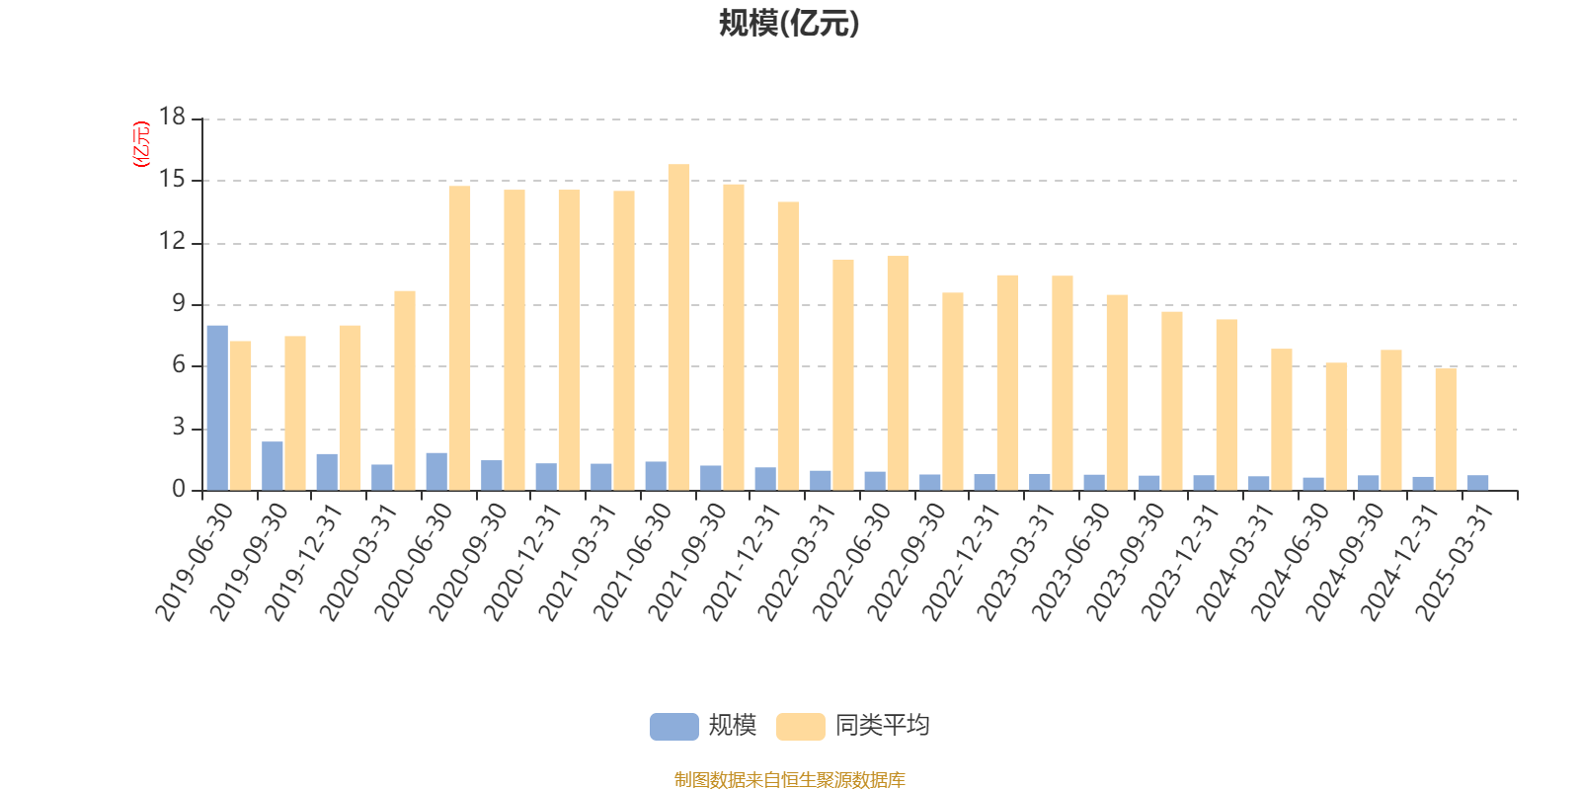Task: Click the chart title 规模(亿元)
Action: click(788, 24)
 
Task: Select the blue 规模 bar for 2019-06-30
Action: click(217, 407)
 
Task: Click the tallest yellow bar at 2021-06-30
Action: click(678, 327)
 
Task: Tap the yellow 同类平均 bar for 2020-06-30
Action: click(459, 338)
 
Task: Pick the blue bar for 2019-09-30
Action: click(273, 465)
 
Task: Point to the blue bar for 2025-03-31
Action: click(1477, 483)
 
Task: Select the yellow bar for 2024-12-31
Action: click(1445, 429)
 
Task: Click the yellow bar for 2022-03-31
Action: click(842, 374)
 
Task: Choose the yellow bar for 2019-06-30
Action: click(240, 415)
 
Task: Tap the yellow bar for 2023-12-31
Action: click(1225, 404)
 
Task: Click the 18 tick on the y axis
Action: click(173, 118)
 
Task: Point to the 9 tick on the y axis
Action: click(179, 304)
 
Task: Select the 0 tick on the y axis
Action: click(179, 490)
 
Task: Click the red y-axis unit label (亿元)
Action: click(141, 144)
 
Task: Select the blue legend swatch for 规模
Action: click(673, 726)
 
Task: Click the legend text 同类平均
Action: click(882, 726)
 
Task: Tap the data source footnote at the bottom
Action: click(789, 780)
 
